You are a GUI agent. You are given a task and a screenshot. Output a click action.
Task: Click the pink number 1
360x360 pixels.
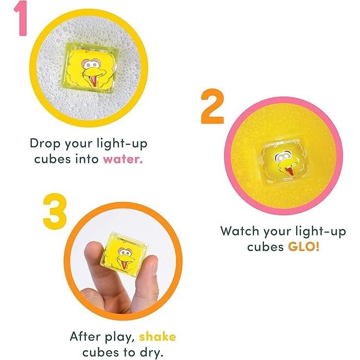tap(21, 18)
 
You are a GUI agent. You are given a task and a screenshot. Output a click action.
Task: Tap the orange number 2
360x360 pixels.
tap(212, 106)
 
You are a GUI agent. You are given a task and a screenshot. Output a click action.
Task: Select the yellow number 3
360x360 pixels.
tap(55, 211)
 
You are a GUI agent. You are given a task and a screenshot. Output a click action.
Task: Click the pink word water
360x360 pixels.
tap(123, 159)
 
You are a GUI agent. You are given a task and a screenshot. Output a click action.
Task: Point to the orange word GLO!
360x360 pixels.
tap(304, 247)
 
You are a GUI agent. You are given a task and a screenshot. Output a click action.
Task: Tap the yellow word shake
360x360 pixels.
tap(157, 337)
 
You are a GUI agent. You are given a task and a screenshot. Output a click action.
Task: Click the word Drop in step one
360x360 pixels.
tap(45, 144)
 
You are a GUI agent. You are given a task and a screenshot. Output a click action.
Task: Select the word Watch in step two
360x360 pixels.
tap(240, 231)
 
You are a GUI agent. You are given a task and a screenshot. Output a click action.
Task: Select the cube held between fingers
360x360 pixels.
tap(124, 256)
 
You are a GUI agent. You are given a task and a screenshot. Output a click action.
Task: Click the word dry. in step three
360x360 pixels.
tap(152, 353)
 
